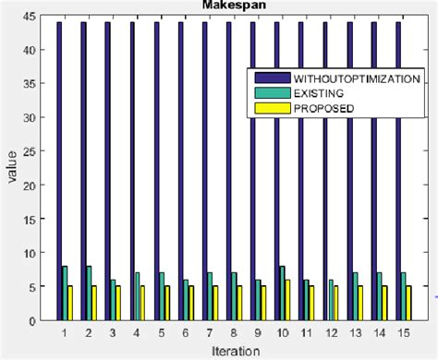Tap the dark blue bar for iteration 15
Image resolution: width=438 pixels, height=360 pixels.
(397, 171)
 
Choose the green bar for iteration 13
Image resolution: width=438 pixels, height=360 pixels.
(355, 296)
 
